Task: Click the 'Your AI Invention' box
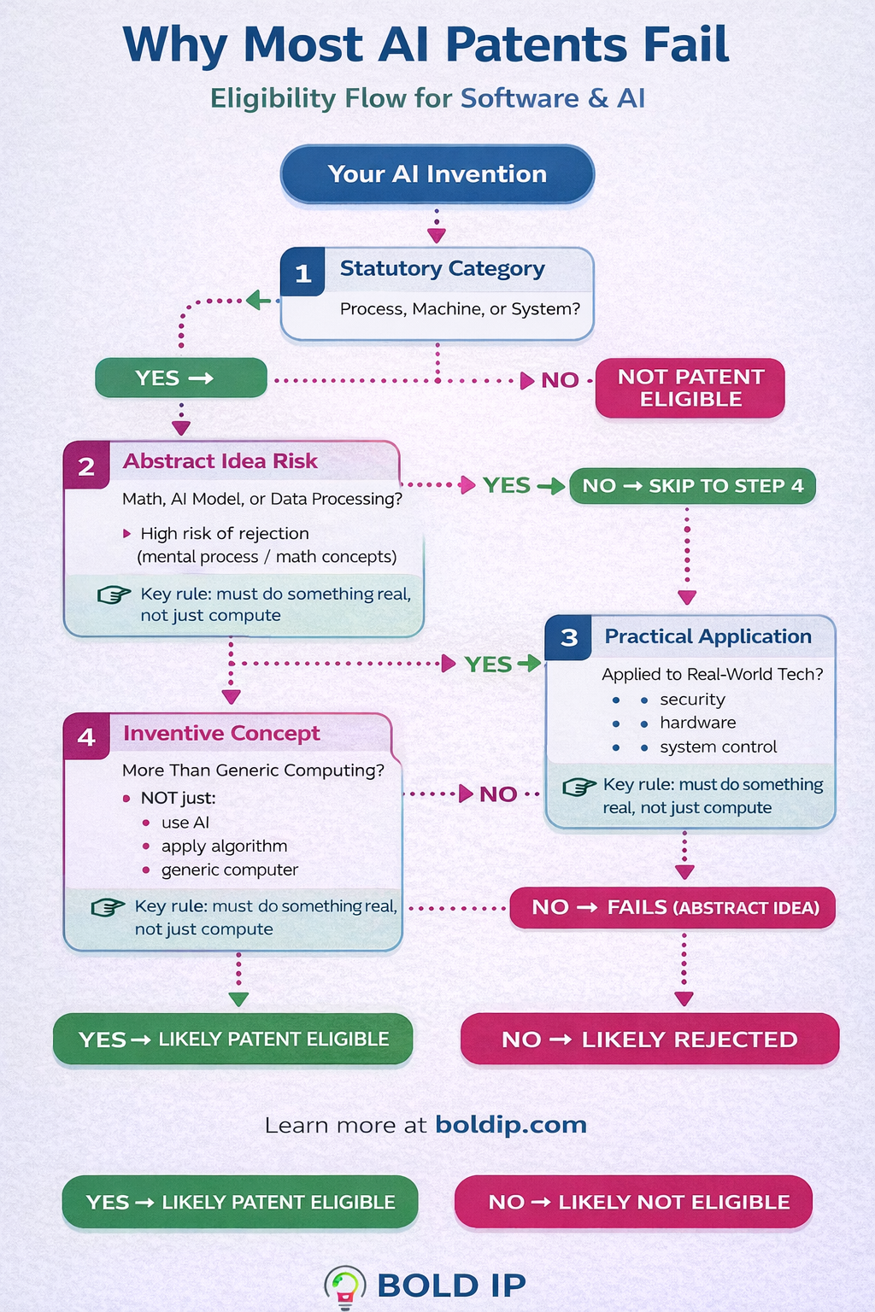click(x=437, y=174)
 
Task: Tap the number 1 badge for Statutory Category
click(x=302, y=273)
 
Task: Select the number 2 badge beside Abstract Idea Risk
click(x=86, y=466)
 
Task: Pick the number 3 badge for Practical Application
click(x=569, y=637)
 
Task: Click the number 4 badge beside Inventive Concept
click(x=86, y=736)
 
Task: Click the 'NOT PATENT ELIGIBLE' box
click(x=690, y=388)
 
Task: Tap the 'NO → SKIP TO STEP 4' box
click(x=692, y=486)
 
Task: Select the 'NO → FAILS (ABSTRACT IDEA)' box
click(x=672, y=907)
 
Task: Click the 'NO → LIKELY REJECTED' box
click(x=649, y=1039)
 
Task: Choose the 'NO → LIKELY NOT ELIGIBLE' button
click(x=633, y=1202)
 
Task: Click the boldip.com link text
click(x=511, y=1124)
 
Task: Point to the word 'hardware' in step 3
click(x=697, y=723)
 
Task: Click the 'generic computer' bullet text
click(x=230, y=870)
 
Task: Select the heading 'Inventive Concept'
click(x=221, y=734)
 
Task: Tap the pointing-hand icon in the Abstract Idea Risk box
click(x=114, y=594)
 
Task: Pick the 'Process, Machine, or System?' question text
click(x=460, y=308)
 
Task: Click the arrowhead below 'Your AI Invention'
click(x=437, y=235)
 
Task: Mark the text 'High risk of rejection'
click(x=225, y=533)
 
